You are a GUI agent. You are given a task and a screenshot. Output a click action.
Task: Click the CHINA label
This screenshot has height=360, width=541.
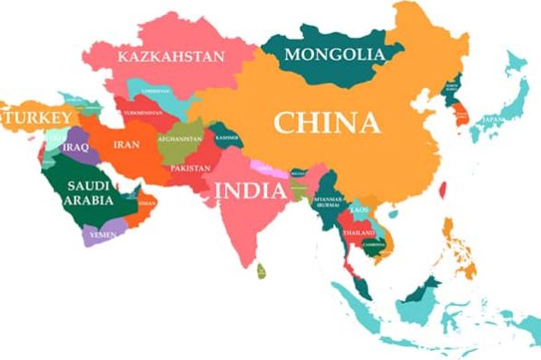pyautogui.click(x=327, y=122)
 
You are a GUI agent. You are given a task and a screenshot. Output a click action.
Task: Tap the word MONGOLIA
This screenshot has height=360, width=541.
pyautogui.click(x=333, y=55)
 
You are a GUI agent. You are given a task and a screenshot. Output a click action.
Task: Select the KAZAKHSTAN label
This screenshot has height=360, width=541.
pyautogui.click(x=172, y=57)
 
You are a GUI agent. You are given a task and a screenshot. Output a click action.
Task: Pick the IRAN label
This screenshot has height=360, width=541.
pyautogui.click(x=126, y=145)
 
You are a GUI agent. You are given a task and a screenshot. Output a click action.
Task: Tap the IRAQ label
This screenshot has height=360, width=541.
pyautogui.click(x=76, y=145)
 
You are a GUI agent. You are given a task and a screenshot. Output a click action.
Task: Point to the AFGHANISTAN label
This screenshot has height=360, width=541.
pyautogui.click(x=180, y=140)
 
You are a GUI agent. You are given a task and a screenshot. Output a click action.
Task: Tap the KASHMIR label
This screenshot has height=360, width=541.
pyautogui.click(x=227, y=138)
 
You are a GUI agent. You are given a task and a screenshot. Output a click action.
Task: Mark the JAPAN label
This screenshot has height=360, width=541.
pyautogui.click(x=496, y=119)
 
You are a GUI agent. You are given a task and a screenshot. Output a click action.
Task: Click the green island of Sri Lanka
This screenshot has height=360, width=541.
pyautogui.click(x=262, y=272)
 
